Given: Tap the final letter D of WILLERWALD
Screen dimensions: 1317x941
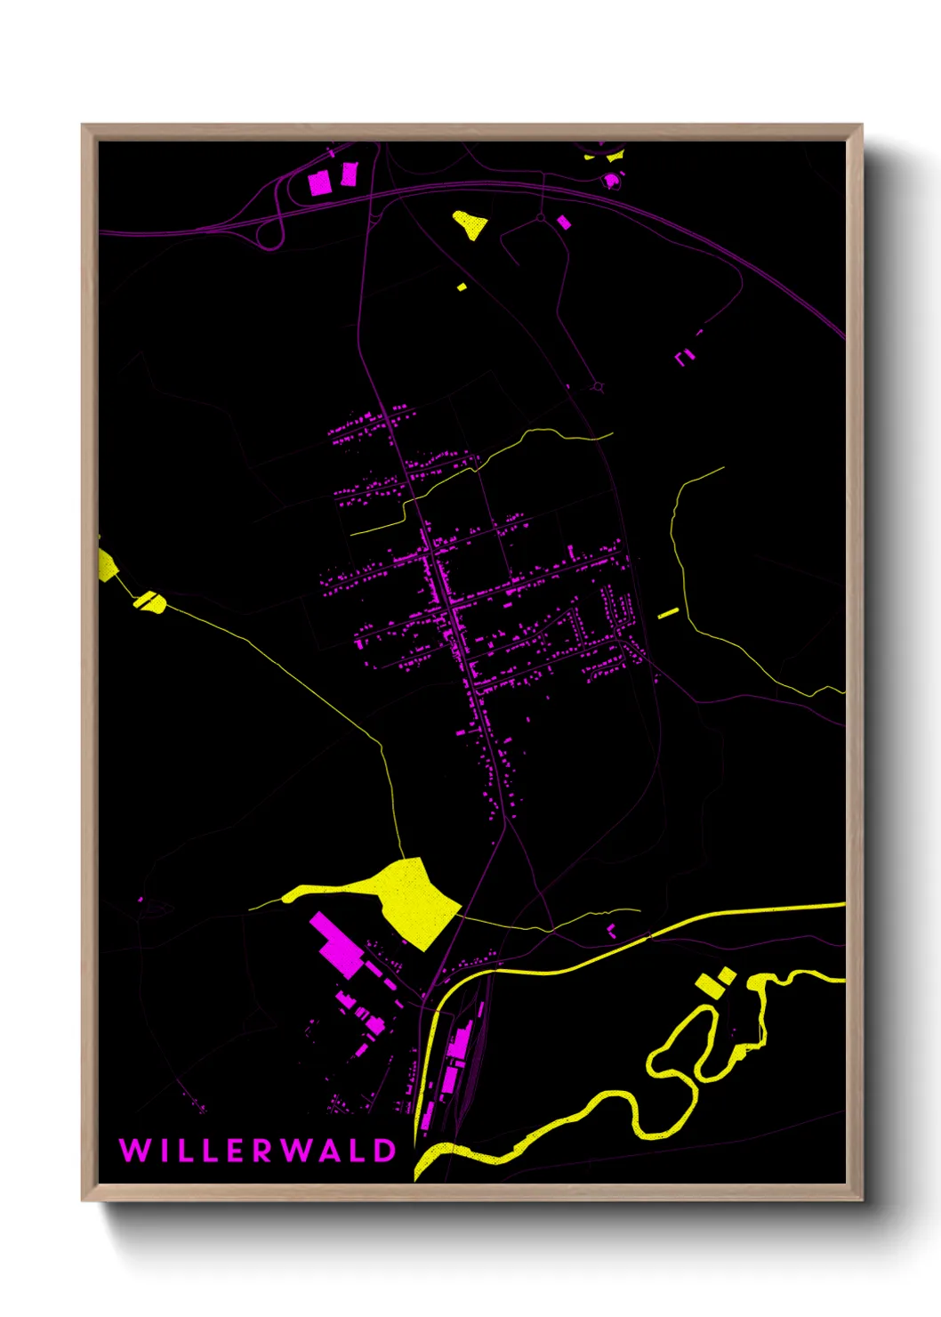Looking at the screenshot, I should tap(384, 1151).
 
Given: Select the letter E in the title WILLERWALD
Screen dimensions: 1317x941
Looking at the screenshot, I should tap(235, 1151).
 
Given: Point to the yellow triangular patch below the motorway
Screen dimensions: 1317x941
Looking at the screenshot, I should tap(470, 224).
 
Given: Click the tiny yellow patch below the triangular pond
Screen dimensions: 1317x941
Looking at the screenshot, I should tap(462, 287).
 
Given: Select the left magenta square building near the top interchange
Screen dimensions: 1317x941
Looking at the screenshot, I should tap(319, 183).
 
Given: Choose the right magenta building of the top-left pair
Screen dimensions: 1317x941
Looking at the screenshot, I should tap(349, 174).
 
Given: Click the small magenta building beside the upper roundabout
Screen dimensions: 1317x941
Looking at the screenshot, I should tap(563, 222).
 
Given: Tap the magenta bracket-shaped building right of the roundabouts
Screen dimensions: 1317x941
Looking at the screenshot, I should tap(684, 357).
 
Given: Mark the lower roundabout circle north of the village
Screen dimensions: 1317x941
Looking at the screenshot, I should tap(598, 387).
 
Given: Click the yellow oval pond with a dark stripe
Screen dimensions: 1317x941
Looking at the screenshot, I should tap(150, 602).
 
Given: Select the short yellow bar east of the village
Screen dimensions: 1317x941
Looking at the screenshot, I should tap(668, 613).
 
